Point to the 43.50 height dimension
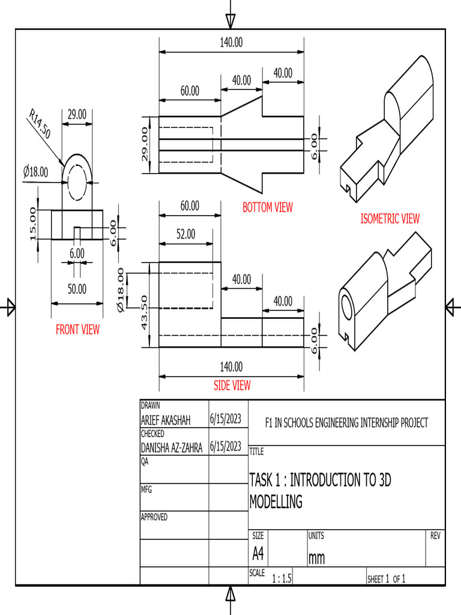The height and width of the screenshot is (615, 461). [x=144, y=312]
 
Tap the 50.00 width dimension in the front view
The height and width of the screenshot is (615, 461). [x=77, y=289]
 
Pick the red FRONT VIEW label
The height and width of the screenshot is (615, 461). [x=77, y=329]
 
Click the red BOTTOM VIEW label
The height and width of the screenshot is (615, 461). [x=268, y=208]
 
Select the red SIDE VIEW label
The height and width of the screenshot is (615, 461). [x=232, y=386]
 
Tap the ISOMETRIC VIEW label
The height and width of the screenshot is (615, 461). [x=390, y=219]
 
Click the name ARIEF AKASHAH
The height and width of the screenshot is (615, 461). [x=165, y=421]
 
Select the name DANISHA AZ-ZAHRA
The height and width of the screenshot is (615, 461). [x=171, y=447]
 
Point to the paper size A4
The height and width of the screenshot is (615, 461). [x=258, y=553]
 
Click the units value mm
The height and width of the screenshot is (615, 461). [x=316, y=559]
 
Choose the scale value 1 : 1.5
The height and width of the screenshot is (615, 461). [x=282, y=579]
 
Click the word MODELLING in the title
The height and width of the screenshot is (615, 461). [x=276, y=502]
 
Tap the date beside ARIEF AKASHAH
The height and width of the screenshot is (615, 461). [x=226, y=419]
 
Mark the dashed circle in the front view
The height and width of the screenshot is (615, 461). [x=77, y=179]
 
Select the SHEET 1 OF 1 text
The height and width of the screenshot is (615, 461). [x=387, y=579]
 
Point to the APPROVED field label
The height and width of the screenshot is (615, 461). [x=154, y=517]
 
